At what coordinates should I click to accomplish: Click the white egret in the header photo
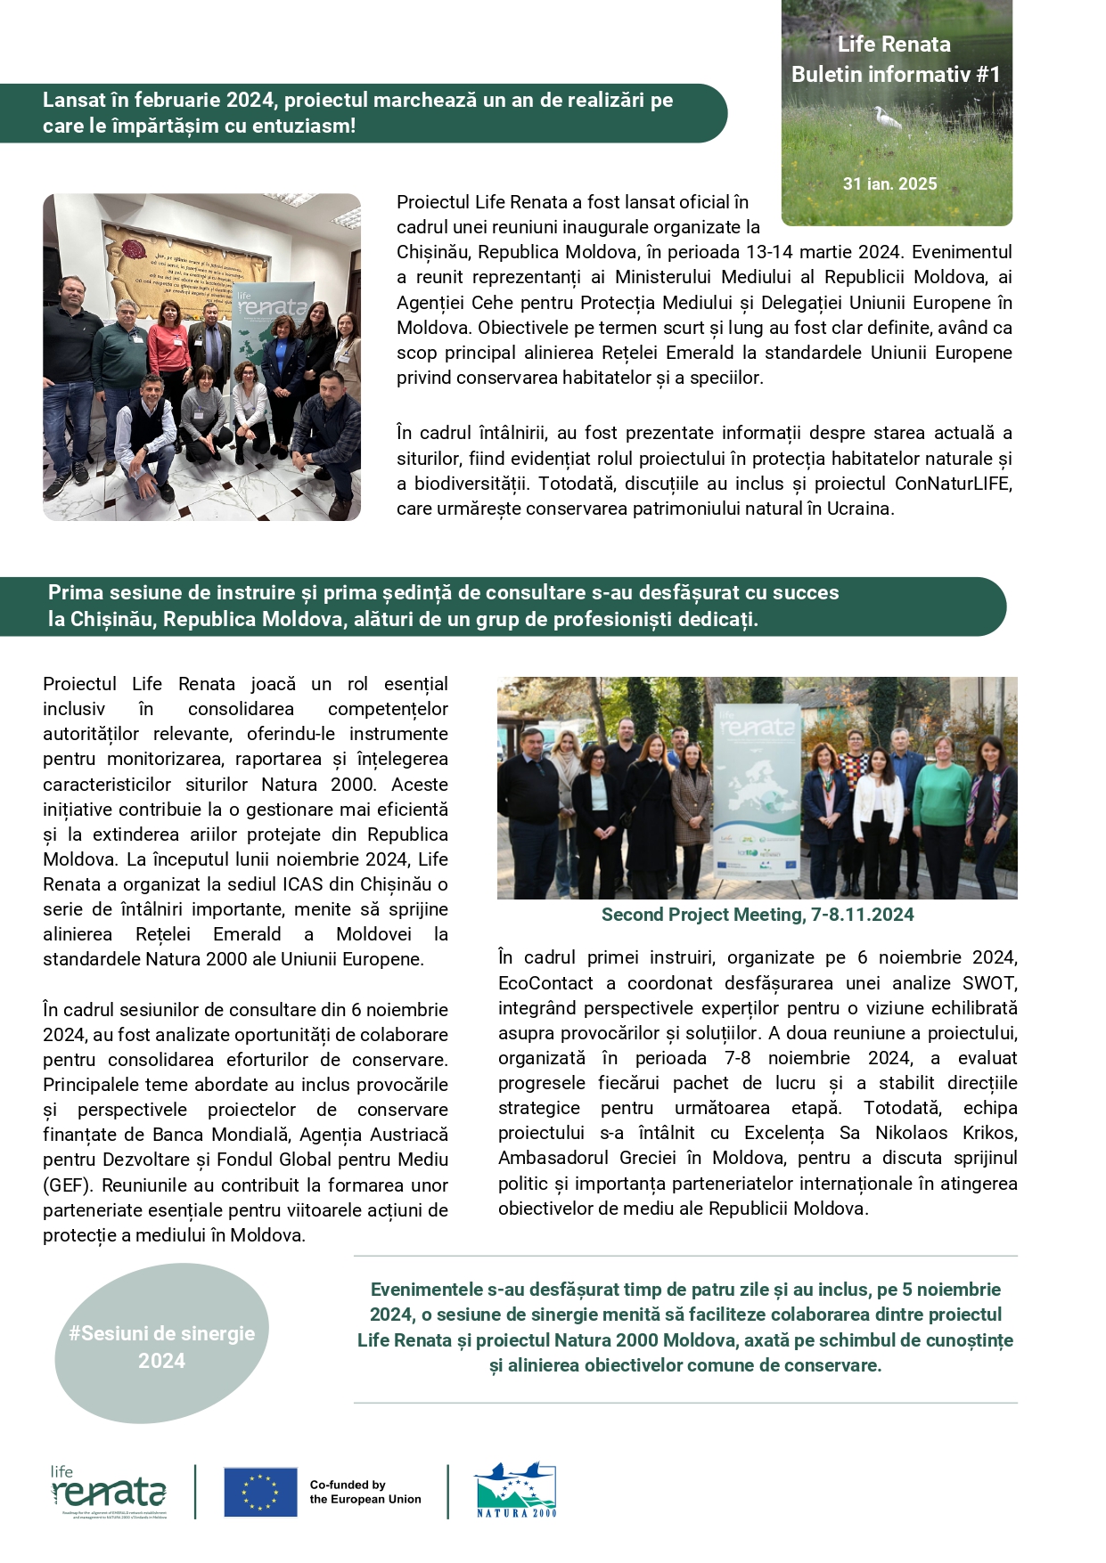pos(887,117)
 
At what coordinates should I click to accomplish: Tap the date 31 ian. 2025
pos(889,184)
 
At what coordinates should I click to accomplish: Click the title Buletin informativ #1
pos(896,75)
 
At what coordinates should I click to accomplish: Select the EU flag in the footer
pos(260,1492)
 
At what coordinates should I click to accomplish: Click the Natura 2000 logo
pos(516,1490)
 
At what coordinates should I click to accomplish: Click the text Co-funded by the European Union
pos(365,1492)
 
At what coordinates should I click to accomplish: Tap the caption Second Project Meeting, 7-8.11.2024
pos(758,915)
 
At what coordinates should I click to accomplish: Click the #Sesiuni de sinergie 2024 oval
pos(161,1347)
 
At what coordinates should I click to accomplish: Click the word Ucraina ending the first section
pos(859,509)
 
